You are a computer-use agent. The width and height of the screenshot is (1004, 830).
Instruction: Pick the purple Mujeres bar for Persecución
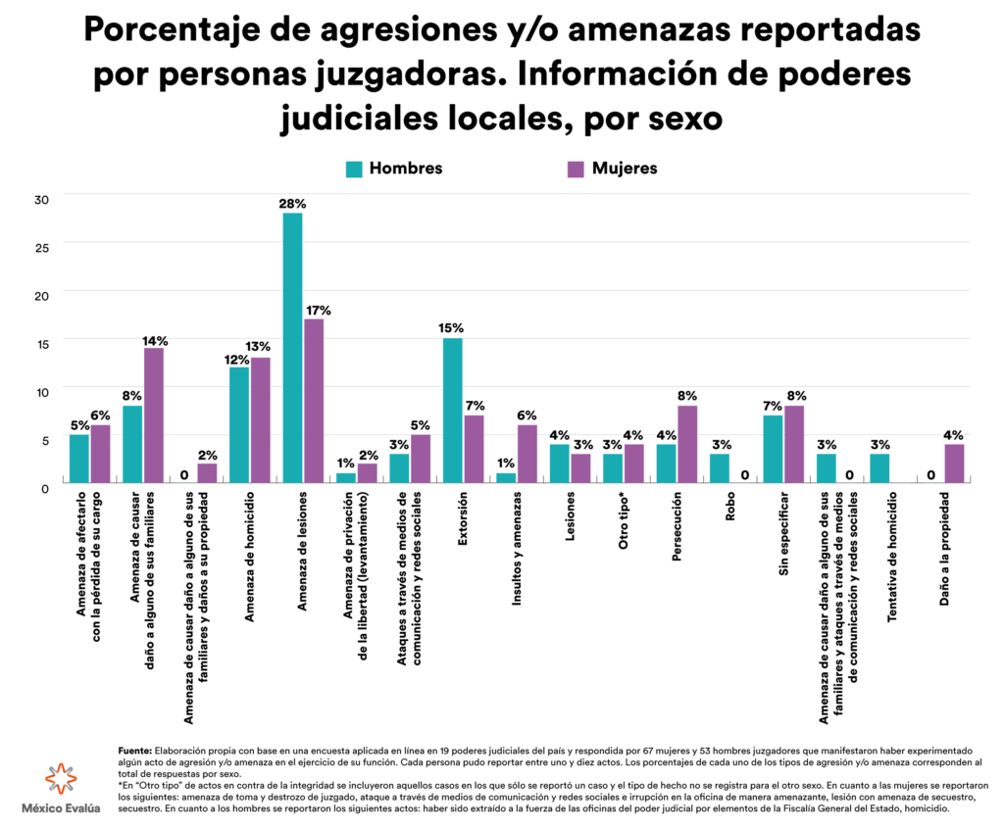[686, 443]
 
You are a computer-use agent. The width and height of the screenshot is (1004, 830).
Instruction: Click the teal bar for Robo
[719, 466]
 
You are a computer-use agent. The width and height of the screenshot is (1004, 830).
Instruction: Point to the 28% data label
[292, 204]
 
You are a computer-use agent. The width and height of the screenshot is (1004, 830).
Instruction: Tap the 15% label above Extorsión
[452, 328]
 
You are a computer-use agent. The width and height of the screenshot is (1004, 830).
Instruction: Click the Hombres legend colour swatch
[354, 169]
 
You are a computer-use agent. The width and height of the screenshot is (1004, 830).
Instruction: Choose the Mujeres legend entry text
[625, 169]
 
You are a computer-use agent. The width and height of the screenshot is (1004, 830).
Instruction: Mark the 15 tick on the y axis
[41, 342]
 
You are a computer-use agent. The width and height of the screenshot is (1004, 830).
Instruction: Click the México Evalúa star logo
[59, 779]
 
